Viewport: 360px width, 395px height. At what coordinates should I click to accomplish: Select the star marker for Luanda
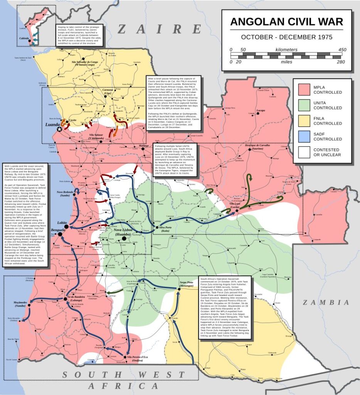click(59, 130)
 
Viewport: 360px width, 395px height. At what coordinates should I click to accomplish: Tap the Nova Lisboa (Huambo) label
click(123, 232)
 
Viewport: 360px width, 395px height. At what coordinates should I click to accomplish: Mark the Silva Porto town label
click(167, 228)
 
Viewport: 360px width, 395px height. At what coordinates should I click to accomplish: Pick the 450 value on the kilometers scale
click(342, 50)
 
